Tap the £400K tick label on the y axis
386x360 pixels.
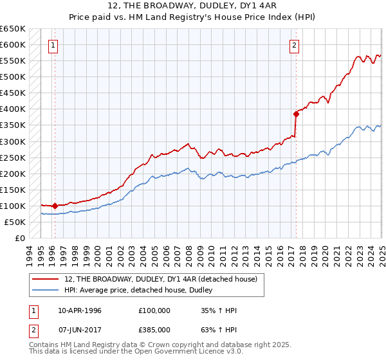point(13,109)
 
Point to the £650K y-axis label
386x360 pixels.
point(13,29)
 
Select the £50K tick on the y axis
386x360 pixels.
point(15,222)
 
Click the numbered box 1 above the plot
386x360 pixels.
point(52,45)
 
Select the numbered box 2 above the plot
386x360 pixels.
point(294,45)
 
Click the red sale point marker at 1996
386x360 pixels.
point(55,206)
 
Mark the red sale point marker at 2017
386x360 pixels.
point(297,114)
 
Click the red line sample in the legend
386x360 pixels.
point(45,278)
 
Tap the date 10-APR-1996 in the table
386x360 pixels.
point(80,311)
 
